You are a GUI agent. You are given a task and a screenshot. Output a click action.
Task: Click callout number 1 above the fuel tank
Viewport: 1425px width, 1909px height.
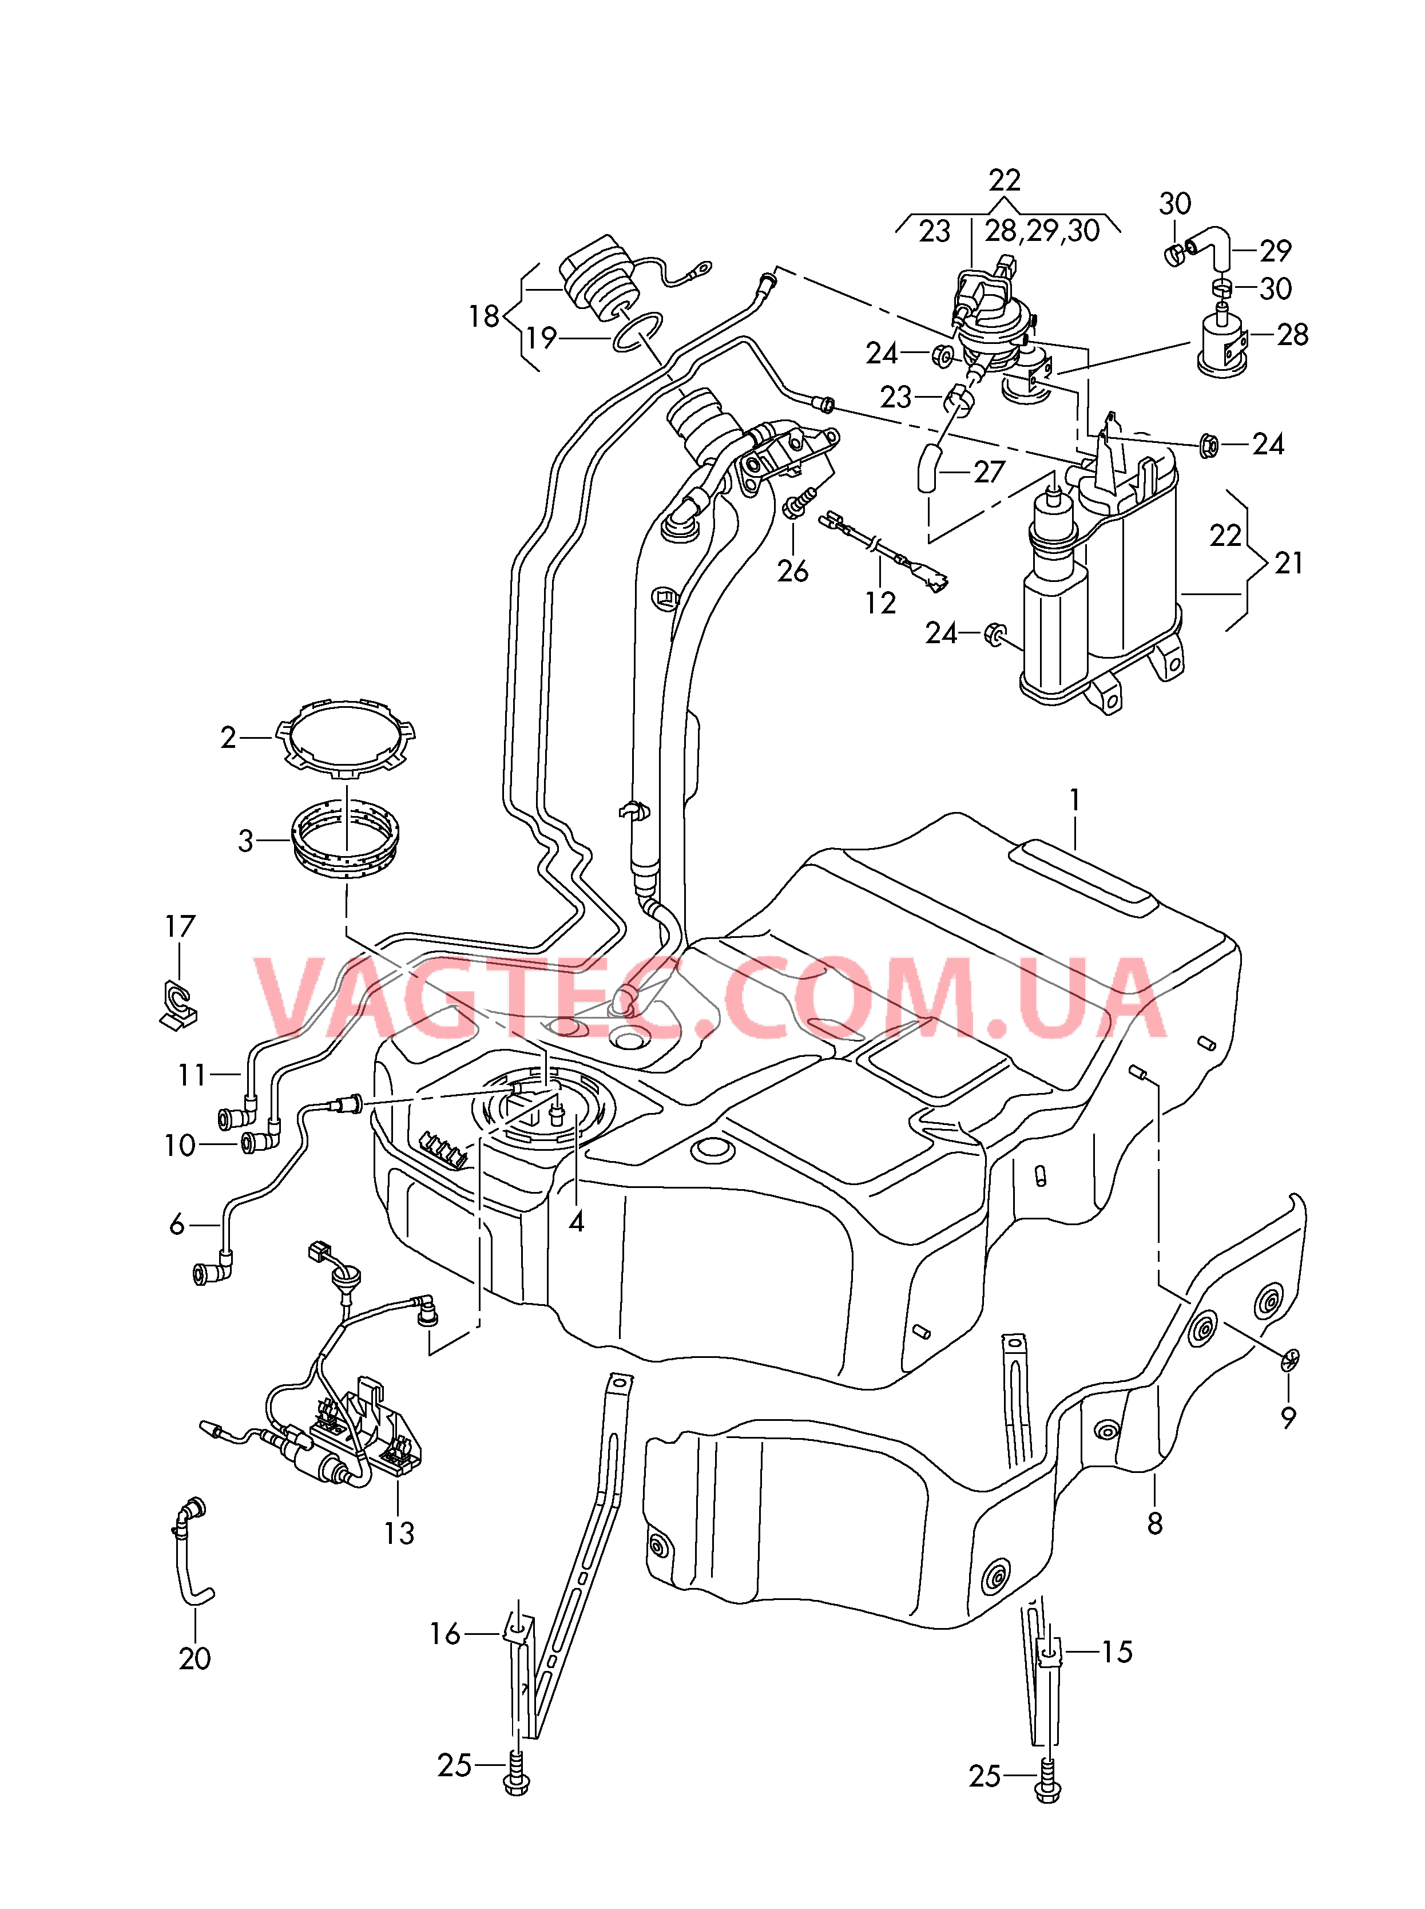(1075, 801)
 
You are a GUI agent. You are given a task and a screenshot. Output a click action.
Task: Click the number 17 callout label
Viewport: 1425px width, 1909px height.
(180, 926)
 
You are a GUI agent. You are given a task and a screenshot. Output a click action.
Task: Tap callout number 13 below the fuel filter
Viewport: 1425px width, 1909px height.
(399, 1533)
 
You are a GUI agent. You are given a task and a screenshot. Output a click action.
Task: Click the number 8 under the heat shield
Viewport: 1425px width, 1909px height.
(1155, 1523)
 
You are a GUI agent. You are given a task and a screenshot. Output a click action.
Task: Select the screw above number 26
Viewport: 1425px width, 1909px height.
(797, 503)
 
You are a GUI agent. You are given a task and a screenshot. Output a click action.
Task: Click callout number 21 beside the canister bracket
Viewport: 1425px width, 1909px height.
(1289, 563)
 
